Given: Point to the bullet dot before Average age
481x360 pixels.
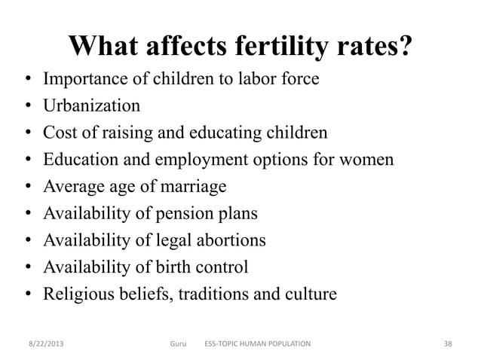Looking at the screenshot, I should point(26,188).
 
